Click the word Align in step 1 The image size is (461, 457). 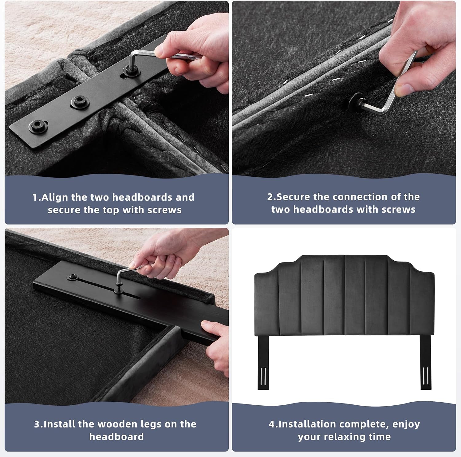(x=55, y=197)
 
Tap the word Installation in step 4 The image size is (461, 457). (x=307, y=424)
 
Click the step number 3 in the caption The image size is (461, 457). (x=37, y=424)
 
